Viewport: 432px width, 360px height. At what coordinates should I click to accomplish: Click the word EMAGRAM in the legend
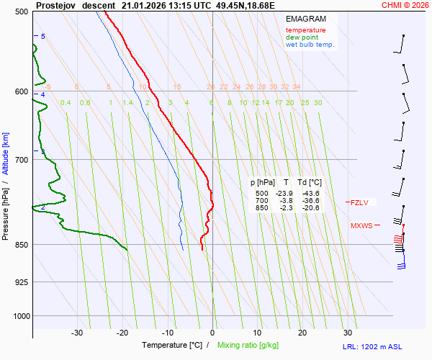point(306,18)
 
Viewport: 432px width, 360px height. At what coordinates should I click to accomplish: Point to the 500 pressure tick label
point(21,12)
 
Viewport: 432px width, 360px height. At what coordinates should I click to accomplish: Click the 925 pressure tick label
point(21,282)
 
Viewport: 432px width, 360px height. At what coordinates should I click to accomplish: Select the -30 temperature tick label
point(77,333)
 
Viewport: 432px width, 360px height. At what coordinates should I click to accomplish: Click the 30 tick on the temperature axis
point(348,333)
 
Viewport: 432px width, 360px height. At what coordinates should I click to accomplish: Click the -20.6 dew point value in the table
point(310,208)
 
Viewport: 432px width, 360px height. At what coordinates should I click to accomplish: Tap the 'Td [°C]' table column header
point(310,183)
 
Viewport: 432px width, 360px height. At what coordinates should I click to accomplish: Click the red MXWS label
point(361,226)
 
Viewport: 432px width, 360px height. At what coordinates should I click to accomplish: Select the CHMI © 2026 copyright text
point(405,5)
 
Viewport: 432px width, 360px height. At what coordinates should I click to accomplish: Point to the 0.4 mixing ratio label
point(66,103)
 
